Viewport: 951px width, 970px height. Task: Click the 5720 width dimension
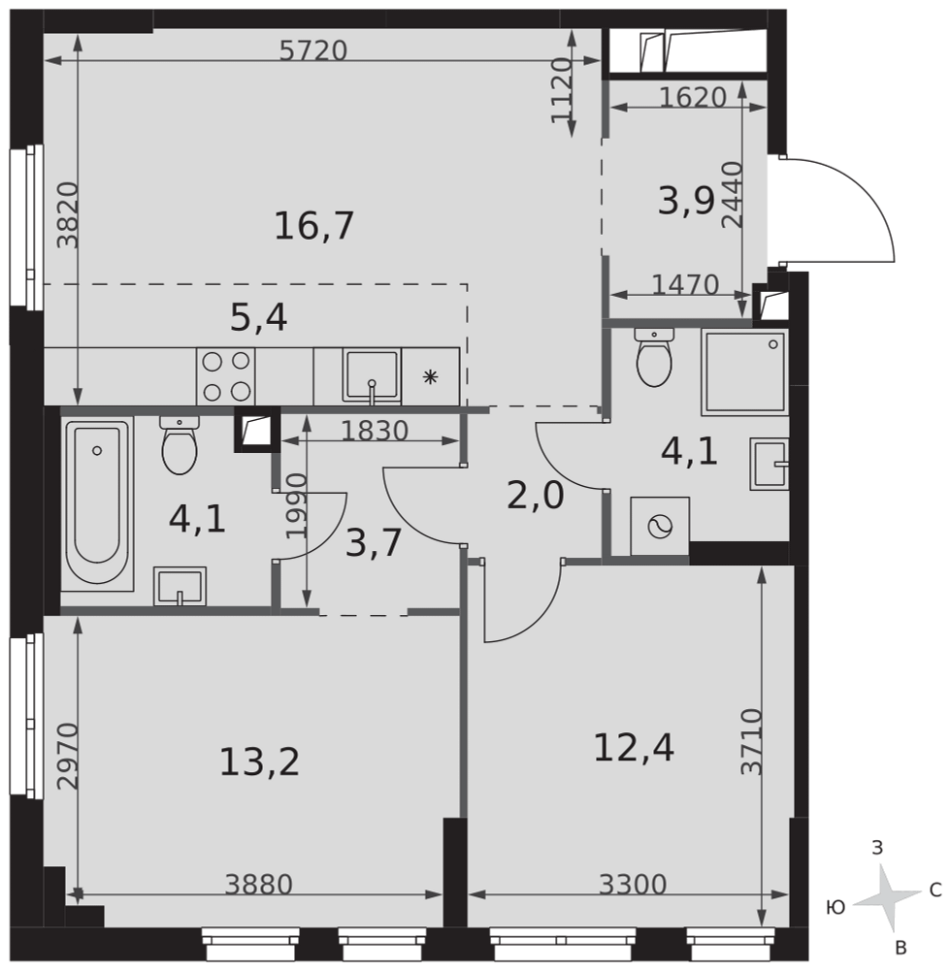312,50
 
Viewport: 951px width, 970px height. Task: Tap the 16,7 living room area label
313,226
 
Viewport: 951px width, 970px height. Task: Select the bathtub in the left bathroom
97,502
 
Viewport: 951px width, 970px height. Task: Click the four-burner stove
226,376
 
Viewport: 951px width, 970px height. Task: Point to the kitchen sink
372,376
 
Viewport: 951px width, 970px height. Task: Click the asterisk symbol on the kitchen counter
431,376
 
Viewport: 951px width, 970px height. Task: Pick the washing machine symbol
660,527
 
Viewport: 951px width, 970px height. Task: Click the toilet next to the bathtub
180,444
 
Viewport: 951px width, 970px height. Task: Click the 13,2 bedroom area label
259,761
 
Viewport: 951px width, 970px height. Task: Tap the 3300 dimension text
633,885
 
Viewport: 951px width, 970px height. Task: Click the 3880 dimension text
259,885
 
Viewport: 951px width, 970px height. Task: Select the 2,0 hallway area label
536,496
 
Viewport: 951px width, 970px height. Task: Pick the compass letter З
877,848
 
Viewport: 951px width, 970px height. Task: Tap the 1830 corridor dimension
375,432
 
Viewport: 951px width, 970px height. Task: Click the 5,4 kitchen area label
259,318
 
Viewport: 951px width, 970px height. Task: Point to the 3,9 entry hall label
687,201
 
